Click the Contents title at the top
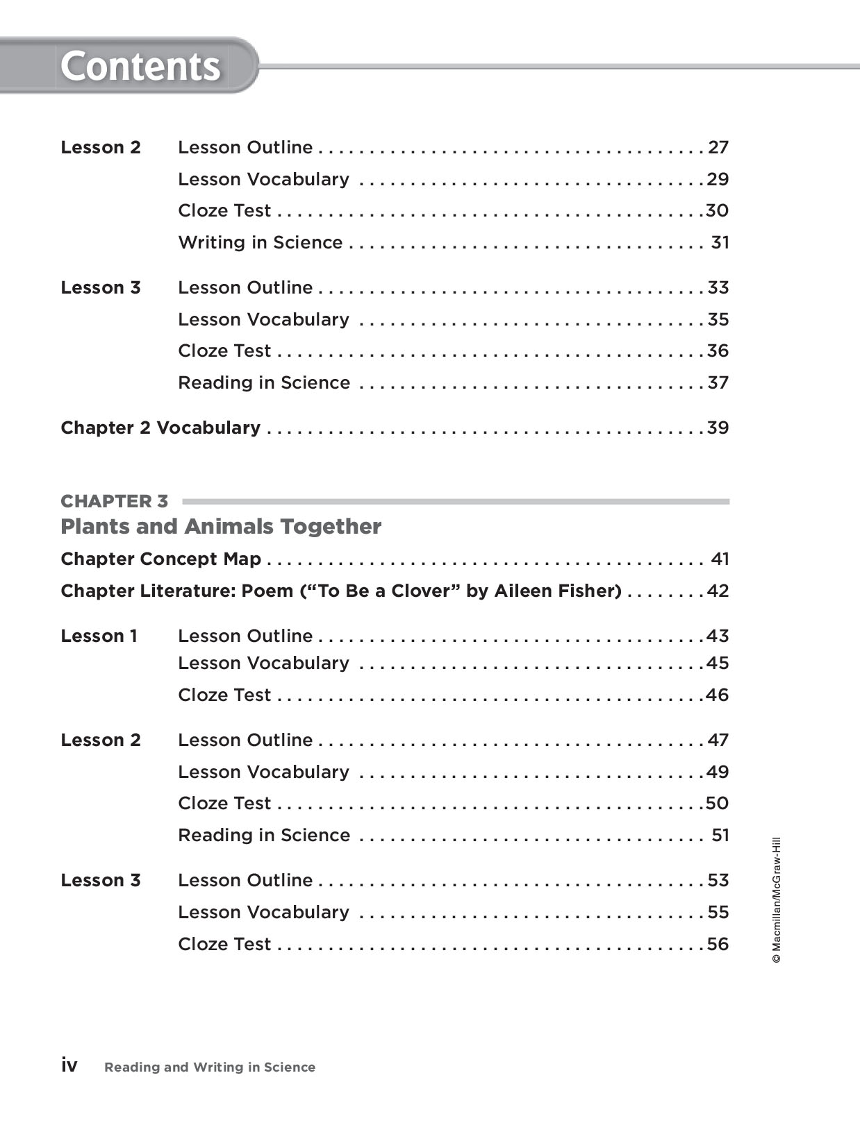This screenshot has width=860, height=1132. [140, 67]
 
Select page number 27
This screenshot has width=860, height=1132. [718, 147]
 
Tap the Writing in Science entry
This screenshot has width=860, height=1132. [261, 242]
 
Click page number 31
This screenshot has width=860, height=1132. [720, 242]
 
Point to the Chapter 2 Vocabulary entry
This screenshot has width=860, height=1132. [160, 428]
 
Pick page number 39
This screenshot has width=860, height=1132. [718, 428]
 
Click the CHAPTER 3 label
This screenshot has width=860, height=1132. [115, 501]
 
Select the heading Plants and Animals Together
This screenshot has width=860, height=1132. [221, 526]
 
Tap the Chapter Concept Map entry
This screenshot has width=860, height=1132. [161, 559]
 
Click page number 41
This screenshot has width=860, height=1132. [720, 559]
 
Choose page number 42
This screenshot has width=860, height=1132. [718, 591]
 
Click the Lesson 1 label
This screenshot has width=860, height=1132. [99, 636]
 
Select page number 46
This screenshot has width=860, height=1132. [718, 695]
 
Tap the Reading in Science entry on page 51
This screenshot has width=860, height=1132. [264, 835]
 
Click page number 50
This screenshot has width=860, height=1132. [718, 803]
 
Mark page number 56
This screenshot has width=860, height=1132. [718, 944]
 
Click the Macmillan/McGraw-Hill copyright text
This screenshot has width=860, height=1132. [777, 900]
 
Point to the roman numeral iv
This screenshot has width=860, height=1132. [69, 1065]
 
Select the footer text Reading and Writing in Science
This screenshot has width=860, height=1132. [210, 1067]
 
